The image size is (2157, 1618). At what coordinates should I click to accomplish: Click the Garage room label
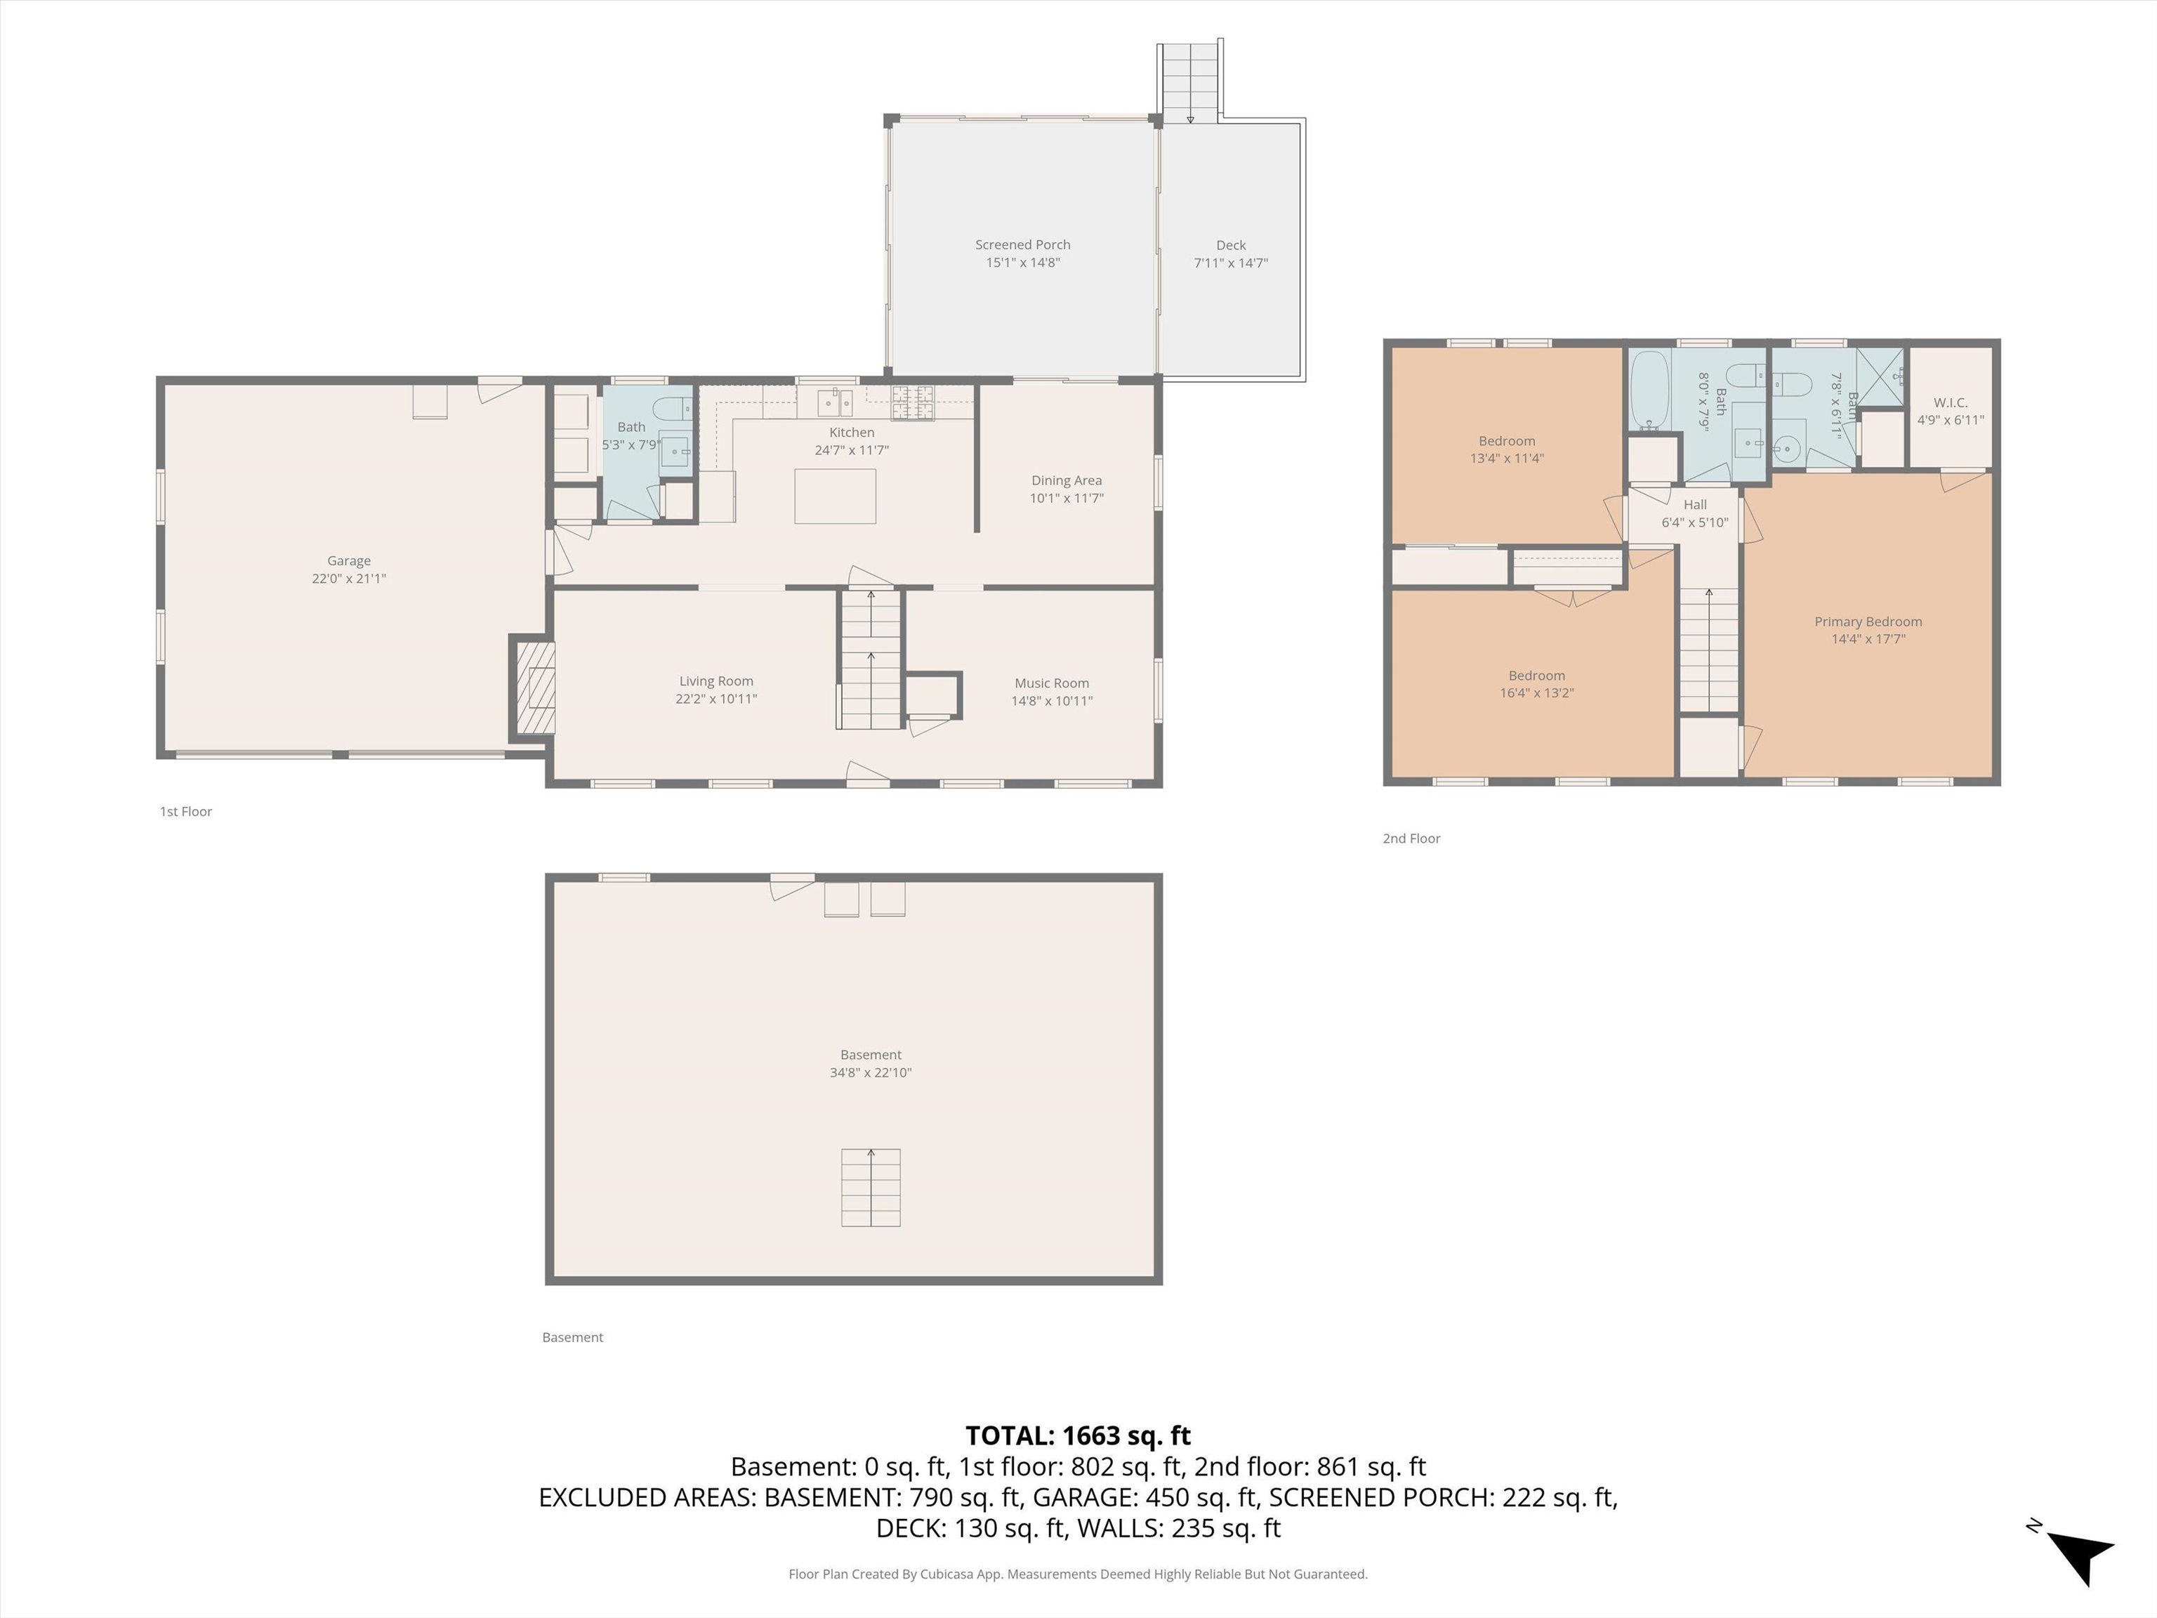click(348, 561)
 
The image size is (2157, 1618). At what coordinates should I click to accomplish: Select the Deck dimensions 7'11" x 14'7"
click(1231, 263)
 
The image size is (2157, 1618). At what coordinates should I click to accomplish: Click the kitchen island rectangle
click(835, 496)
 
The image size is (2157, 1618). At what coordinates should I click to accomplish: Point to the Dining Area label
click(1066, 480)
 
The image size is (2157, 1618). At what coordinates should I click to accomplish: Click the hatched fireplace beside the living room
click(535, 688)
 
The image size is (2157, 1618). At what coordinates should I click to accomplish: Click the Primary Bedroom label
click(1868, 622)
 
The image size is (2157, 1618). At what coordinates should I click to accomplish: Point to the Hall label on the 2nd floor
click(1695, 505)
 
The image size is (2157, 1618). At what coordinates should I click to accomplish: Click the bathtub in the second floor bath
click(1649, 391)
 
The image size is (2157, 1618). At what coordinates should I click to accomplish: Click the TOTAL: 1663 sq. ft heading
click(1078, 1435)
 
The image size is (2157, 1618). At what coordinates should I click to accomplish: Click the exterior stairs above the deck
click(1189, 82)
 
